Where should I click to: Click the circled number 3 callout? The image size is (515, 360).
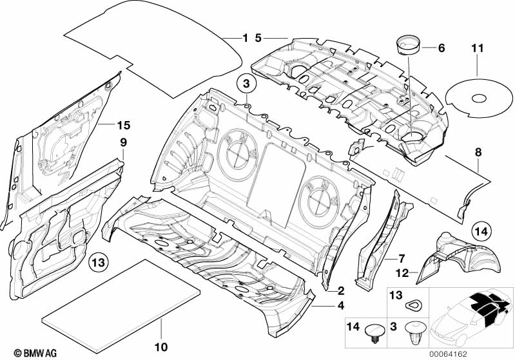pyautogui.click(x=246, y=84)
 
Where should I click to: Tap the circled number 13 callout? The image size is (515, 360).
pyautogui.click(x=99, y=263)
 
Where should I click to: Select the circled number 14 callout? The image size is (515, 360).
pyautogui.click(x=482, y=231)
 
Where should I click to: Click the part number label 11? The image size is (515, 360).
pyautogui.click(x=478, y=48)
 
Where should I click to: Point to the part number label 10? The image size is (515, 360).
pyautogui.click(x=161, y=347)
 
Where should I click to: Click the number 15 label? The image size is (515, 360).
pyautogui.click(x=124, y=125)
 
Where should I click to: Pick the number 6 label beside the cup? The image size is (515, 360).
pyautogui.click(x=442, y=48)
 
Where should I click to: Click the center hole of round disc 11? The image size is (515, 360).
pyautogui.click(x=479, y=98)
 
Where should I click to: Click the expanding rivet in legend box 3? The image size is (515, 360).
pyautogui.click(x=416, y=332)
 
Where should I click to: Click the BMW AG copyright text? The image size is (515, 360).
pyautogui.click(x=35, y=353)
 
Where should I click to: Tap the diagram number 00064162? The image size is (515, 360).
pyautogui.click(x=449, y=354)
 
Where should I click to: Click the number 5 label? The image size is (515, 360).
pyautogui.click(x=258, y=38)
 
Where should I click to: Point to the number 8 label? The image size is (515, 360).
pyautogui.click(x=478, y=152)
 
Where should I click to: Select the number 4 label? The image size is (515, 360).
pyautogui.click(x=341, y=305)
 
